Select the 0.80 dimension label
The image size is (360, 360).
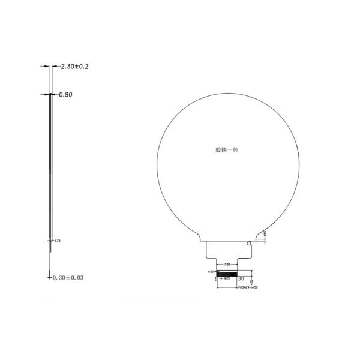pyautogui.click(x=65, y=94)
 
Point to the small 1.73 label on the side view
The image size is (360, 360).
pyautogui.click(x=58, y=240)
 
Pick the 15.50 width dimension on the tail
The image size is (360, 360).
pyautogui.click(x=227, y=264)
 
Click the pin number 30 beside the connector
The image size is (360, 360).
pyautogui.click(x=241, y=278)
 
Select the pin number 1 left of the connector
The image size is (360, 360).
pyautogui.click(x=215, y=279)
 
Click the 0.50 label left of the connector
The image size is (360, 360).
pyautogui.click(x=211, y=272)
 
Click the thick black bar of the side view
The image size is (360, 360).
pyautogui.click(x=49, y=162)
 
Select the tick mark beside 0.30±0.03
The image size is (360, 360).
pyautogui.click(x=50, y=277)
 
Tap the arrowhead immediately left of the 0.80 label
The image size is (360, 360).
pyautogui.click(x=53, y=94)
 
